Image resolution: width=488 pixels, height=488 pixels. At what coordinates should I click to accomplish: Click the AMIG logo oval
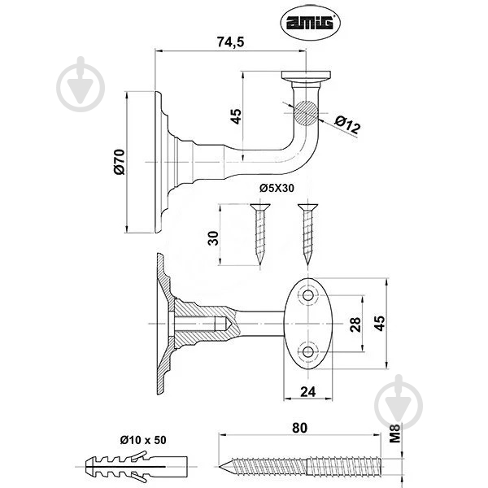click(311, 23)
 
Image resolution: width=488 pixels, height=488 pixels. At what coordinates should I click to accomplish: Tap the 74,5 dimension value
click(231, 41)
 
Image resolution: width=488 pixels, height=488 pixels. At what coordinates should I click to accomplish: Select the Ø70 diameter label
click(120, 162)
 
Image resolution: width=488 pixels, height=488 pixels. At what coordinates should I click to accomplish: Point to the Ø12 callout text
click(347, 124)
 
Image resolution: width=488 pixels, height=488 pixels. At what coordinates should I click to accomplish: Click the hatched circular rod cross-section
click(307, 113)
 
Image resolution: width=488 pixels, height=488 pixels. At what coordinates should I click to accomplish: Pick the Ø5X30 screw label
click(277, 189)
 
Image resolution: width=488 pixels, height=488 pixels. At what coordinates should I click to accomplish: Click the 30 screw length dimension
click(213, 238)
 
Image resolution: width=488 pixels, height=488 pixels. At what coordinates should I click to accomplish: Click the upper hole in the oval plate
click(307, 294)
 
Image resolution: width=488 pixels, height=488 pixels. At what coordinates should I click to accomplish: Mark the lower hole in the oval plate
click(307, 352)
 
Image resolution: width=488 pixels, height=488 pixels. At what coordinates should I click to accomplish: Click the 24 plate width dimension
click(307, 392)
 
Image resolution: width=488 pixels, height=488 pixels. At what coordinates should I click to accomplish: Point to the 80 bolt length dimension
click(299, 428)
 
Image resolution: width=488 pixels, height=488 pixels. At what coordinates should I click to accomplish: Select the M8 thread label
click(395, 433)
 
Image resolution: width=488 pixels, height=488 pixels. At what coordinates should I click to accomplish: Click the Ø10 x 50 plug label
click(143, 440)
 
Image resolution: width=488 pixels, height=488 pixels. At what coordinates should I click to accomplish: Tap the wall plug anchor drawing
click(136, 467)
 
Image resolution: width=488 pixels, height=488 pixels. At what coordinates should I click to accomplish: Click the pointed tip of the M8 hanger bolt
click(219, 467)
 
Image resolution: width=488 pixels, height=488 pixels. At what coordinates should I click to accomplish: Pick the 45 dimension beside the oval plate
click(381, 324)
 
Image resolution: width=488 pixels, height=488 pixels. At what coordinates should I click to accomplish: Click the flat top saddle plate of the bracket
click(307, 75)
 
